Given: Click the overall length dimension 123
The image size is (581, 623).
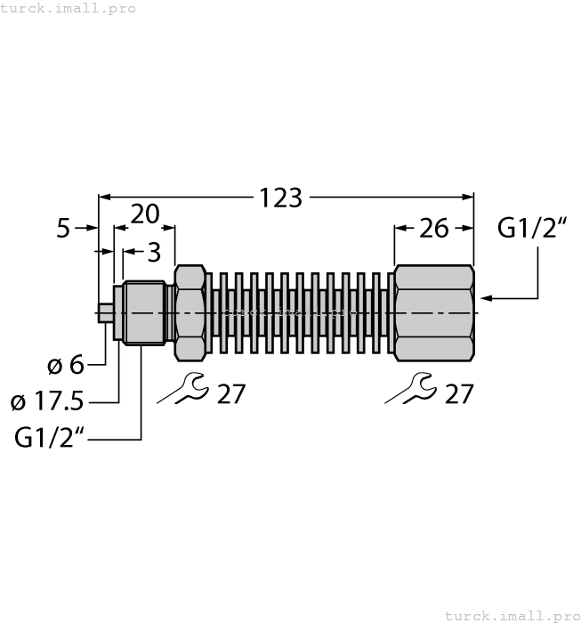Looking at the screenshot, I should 281,197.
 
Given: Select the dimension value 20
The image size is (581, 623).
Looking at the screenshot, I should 145,214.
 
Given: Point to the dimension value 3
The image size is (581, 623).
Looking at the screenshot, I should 154,253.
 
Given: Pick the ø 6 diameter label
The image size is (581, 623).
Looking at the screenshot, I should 64,365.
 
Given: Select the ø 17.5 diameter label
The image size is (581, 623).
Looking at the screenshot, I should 47,401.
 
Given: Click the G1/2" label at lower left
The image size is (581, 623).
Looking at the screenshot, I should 50,438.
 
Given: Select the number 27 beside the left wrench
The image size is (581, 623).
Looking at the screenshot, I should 230,392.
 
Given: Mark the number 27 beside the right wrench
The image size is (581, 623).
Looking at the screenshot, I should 458,392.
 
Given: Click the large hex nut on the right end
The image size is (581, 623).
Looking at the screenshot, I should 433,313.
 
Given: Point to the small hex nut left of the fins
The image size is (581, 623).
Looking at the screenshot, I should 190,313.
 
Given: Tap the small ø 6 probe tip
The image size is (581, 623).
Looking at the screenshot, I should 105,313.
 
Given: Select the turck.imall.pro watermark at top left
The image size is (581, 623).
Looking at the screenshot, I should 69,8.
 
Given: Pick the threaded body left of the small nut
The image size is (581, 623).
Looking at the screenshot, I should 146,313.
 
